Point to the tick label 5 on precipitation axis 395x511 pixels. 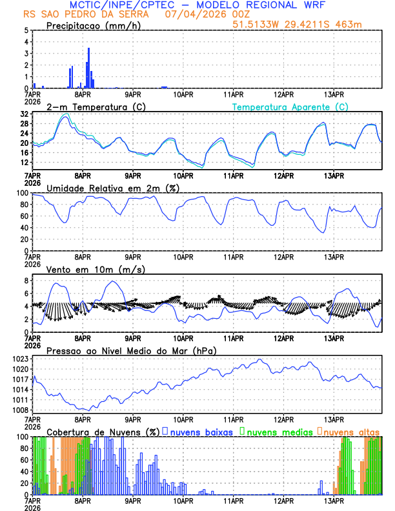coord(25,30)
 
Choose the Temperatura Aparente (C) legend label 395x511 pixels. coord(290,106)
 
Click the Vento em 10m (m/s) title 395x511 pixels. coord(96,269)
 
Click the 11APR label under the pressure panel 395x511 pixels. coord(233,419)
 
